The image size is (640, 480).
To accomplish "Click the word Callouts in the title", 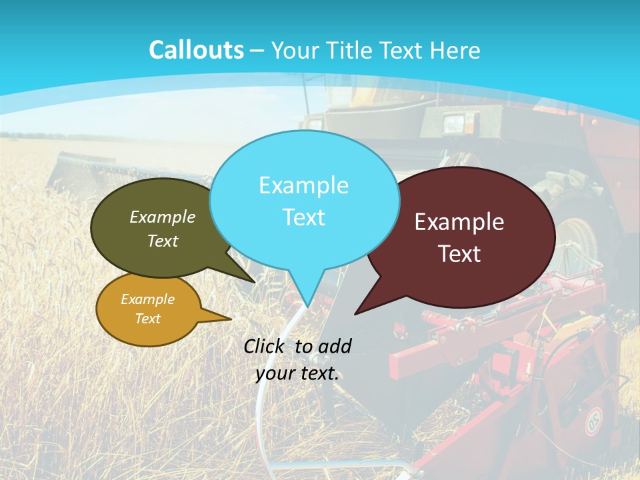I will (x=196, y=50).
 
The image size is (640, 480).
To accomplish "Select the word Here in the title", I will (x=455, y=50).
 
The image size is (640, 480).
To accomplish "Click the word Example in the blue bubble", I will (x=303, y=185).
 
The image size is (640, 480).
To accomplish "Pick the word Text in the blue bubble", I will (x=303, y=217).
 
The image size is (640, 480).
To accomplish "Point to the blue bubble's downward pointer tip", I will (x=307, y=305).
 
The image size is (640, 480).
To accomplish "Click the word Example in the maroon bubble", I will (x=459, y=222).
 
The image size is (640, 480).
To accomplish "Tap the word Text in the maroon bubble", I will (x=459, y=254).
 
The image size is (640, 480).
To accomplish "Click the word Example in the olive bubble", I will (x=163, y=217).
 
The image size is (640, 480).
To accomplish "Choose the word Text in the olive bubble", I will (x=163, y=241).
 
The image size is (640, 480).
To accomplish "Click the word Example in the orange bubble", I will (x=147, y=299).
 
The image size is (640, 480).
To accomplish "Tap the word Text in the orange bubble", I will (x=147, y=319).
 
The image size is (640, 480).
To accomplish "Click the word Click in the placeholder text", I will (x=266, y=346).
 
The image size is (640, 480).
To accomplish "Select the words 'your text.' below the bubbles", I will (x=297, y=373).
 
